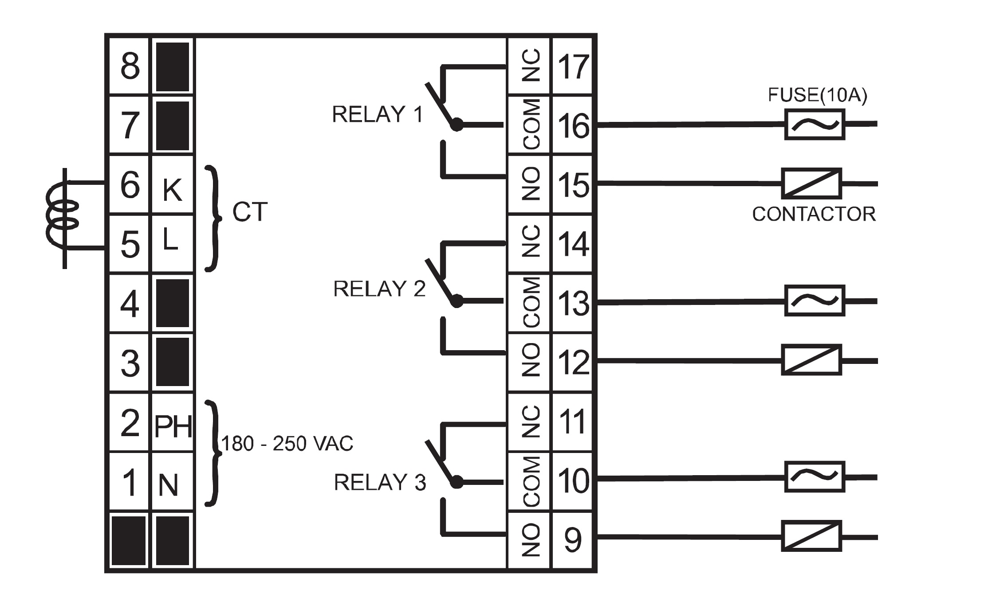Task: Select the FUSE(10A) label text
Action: tap(817, 95)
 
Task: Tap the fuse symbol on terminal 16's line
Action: tap(815, 125)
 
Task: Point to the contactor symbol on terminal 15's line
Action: tap(811, 184)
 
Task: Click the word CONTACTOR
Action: tap(814, 215)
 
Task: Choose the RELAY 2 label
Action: tap(379, 289)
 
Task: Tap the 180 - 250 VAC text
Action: tap(287, 444)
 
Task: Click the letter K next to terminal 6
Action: tap(172, 191)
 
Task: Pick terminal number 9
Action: tap(572, 540)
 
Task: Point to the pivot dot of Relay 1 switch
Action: tap(457, 125)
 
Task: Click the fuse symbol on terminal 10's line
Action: tap(815, 477)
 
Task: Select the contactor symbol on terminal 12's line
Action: tap(811, 360)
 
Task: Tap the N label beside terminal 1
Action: tap(168, 485)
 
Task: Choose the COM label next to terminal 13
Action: tap(532, 302)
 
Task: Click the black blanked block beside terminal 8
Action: tap(173, 67)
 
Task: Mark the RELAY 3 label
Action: tap(380, 483)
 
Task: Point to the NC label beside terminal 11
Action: tap(532, 422)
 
